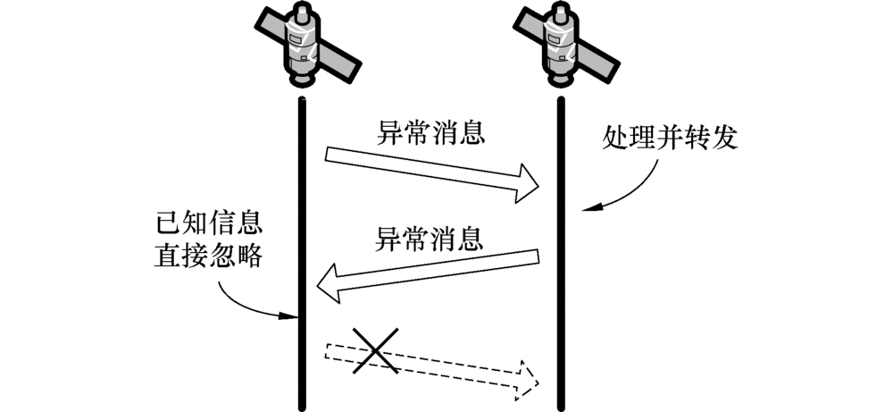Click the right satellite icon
pos(560,45)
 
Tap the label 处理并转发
pos(671,139)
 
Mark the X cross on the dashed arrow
pos(374,349)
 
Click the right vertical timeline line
pos(560,268)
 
